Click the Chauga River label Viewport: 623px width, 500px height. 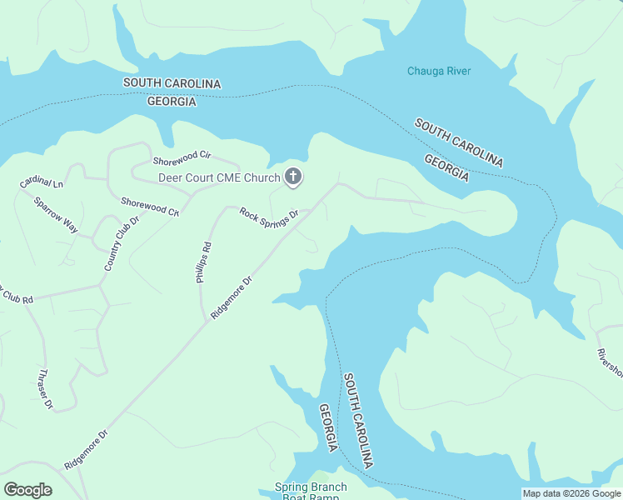coord(439,71)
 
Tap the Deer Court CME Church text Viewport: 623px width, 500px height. coord(220,177)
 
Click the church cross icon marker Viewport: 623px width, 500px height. coord(293,177)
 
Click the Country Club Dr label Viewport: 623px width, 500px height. coord(121,244)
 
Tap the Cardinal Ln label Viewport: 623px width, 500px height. coord(42,183)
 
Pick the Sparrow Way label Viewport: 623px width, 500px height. coord(55,216)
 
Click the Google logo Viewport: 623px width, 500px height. coord(27,490)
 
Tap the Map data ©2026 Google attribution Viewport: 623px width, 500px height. coord(571,493)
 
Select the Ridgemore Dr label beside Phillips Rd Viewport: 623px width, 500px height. coord(231,297)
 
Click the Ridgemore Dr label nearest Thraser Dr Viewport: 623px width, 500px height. coord(87,450)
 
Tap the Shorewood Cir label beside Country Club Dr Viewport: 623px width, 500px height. coord(150,207)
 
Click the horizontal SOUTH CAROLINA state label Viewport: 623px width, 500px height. coord(172,83)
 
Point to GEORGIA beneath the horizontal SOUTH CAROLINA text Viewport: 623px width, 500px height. coord(172,102)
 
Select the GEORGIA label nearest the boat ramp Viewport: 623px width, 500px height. coord(329,427)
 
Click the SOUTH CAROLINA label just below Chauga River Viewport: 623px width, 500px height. coord(459,142)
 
